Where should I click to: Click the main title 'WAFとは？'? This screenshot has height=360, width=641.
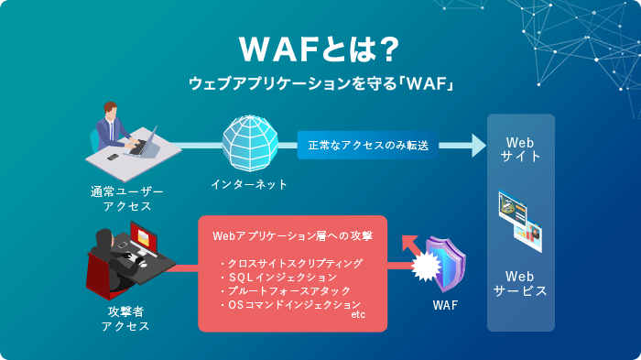pyautogui.click(x=320, y=47)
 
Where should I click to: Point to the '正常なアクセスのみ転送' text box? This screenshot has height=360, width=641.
pyautogui.click(x=368, y=145)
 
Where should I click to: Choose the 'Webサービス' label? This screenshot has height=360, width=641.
pyautogui.click(x=520, y=283)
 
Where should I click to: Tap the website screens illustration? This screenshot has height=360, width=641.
pyautogui.click(x=520, y=220)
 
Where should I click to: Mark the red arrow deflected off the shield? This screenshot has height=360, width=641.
pyautogui.click(x=409, y=245)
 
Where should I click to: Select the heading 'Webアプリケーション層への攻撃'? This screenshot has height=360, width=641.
pyautogui.click(x=292, y=235)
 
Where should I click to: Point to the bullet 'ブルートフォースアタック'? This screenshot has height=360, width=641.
pyautogui.click(x=286, y=290)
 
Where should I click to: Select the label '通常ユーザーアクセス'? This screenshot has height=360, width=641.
pyautogui.click(x=127, y=199)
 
